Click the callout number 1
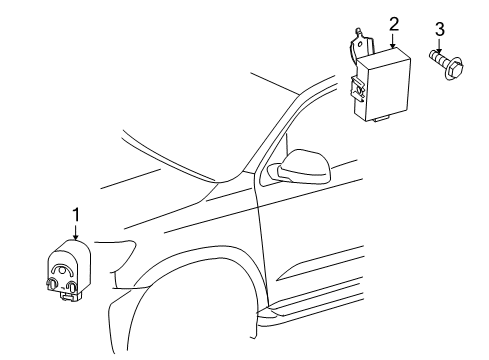pyautogui.click(x=74, y=213)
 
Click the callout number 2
pyautogui.click(x=393, y=23)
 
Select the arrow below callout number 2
pyautogui.click(x=393, y=41)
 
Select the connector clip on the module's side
pyautogui.click(x=357, y=91)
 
